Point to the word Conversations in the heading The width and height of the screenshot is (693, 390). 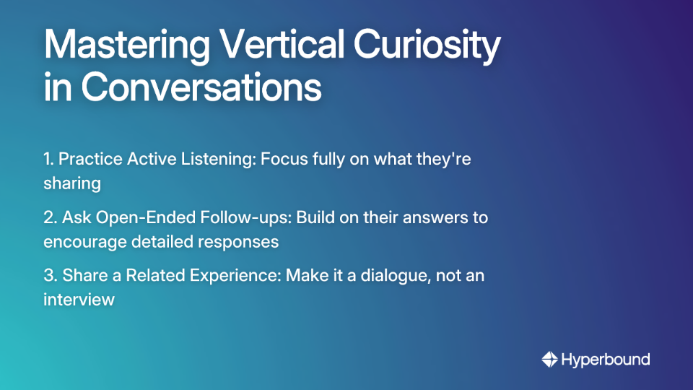(201, 87)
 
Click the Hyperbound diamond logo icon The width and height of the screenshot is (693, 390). (549, 359)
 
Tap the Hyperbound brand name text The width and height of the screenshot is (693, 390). (606, 359)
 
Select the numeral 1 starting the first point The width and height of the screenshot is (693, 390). (48, 159)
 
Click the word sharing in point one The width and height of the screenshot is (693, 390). (71, 183)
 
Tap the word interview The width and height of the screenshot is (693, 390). (79, 300)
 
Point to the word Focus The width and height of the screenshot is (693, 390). (282, 159)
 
